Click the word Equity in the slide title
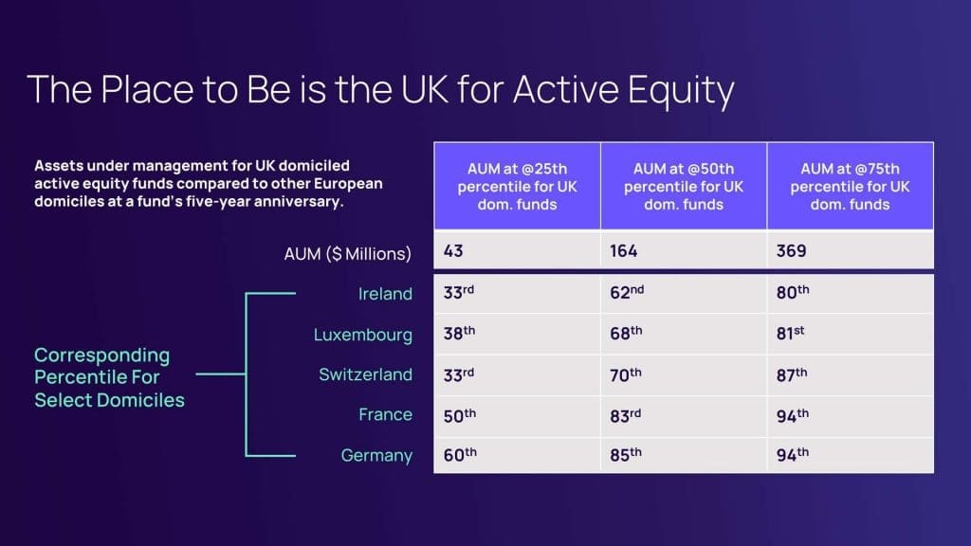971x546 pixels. (681, 90)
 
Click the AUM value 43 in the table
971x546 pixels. (453, 250)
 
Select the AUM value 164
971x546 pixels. (623, 250)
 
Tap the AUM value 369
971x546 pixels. (792, 250)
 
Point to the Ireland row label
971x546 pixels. (385, 294)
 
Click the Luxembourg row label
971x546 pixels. (363, 335)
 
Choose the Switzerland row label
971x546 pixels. (365, 374)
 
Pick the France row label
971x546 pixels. (385, 414)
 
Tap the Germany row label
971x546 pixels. (376, 456)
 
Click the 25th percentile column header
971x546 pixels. (517, 187)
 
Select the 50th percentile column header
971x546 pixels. (684, 187)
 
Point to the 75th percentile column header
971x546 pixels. (851, 187)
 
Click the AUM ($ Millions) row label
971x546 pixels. (347, 254)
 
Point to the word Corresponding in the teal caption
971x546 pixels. (101, 355)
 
